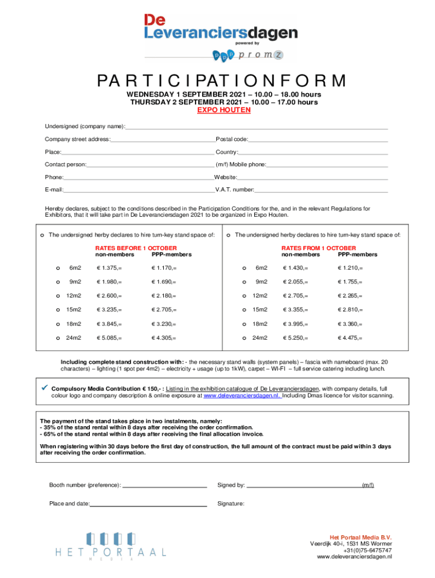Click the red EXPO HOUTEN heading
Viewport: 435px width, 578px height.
coord(224,110)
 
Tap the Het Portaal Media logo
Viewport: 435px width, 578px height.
coord(111,546)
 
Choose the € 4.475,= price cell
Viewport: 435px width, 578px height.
coord(350,338)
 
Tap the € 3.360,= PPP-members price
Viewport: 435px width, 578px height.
coord(350,324)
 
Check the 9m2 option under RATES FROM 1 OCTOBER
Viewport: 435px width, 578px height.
coord(245,282)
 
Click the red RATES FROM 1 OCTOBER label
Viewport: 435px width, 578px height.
coord(319,248)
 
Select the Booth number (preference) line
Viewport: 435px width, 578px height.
coord(164,485)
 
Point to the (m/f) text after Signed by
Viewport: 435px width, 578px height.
coord(368,485)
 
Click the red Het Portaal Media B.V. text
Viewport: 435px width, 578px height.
coord(360,537)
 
